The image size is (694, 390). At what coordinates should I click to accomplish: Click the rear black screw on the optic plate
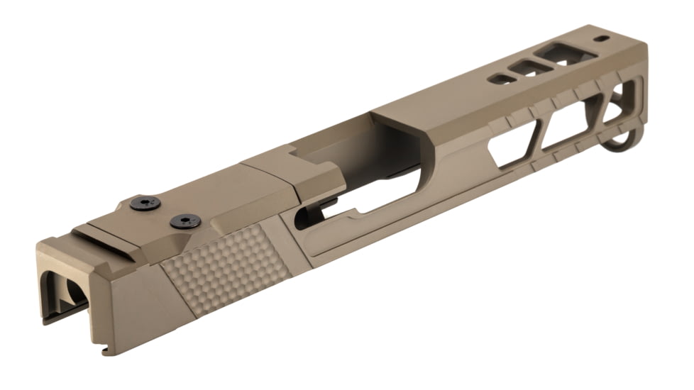tap(144, 204)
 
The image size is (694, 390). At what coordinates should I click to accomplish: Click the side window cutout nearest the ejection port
tap(513, 145)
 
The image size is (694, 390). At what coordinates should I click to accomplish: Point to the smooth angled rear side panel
tap(138, 305)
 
